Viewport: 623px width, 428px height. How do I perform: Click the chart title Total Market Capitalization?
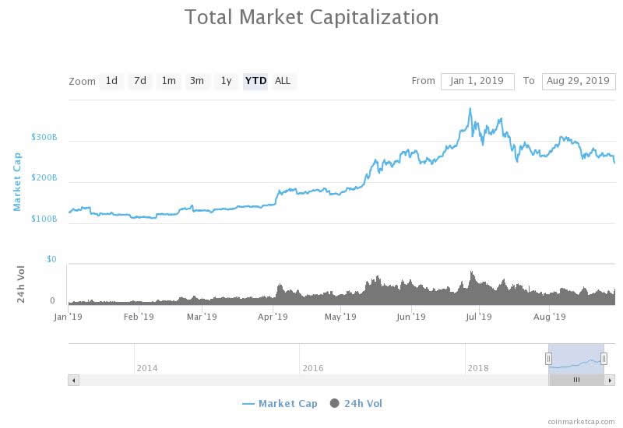pyautogui.click(x=311, y=16)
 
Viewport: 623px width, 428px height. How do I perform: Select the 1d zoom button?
pyautogui.click(x=111, y=81)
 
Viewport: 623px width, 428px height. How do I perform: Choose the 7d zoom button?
pyautogui.click(x=140, y=81)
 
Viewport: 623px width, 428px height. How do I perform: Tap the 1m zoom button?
pyautogui.click(x=168, y=81)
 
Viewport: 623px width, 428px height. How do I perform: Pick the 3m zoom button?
pyautogui.click(x=197, y=81)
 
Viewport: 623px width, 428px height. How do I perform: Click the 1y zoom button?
pyautogui.click(x=226, y=81)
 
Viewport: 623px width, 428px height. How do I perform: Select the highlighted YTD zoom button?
pyautogui.click(x=255, y=81)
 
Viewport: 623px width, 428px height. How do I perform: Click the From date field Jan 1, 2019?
pyautogui.click(x=477, y=81)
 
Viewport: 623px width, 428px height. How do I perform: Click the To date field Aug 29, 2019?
pyautogui.click(x=578, y=81)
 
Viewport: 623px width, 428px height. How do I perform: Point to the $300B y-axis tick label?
pyautogui.click(x=44, y=137)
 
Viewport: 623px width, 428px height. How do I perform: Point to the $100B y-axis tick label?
pyautogui.click(x=44, y=219)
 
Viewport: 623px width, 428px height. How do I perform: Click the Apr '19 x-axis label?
pyautogui.click(x=273, y=317)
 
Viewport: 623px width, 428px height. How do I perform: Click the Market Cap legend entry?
pyautogui.click(x=280, y=403)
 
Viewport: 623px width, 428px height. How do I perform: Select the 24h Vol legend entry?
pyautogui.click(x=357, y=403)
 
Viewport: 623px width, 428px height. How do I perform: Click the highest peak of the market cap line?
pyautogui.click(x=470, y=109)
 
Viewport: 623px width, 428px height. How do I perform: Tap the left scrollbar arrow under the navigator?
pyautogui.click(x=74, y=380)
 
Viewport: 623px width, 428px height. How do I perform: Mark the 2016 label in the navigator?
pyautogui.click(x=313, y=367)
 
